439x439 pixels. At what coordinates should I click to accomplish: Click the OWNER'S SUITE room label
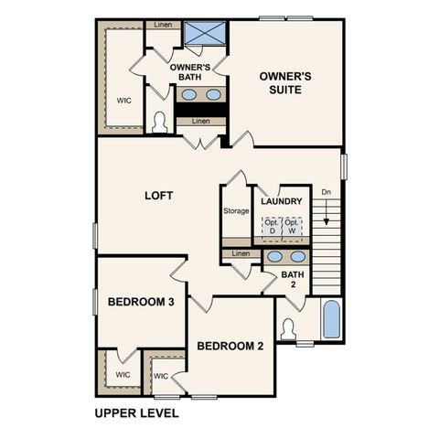tap(284, 83)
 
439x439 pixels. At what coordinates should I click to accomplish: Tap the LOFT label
tap(159, 196)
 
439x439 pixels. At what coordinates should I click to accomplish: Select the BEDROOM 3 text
tap(141, 302)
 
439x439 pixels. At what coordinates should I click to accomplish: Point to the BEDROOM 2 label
tap(230, 346)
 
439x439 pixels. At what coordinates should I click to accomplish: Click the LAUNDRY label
tap(282, 201)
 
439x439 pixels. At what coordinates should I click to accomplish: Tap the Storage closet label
tap(236, 211)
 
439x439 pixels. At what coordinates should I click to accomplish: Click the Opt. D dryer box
tap(271, 227)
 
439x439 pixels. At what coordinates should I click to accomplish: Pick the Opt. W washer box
tap(292, 227)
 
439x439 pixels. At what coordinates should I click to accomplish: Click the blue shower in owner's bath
tap(205, 33)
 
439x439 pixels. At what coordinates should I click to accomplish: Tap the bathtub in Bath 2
tap(332, 320)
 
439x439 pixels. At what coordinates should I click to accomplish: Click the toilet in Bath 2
tap(288, 328)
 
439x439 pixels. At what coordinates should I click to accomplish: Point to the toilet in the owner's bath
tap(159, 122)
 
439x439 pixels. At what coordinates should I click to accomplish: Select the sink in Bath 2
tap(273, 257)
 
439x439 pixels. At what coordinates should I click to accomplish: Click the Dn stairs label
tap(326, 192)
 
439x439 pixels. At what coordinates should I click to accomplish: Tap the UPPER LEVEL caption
tap(136, 412)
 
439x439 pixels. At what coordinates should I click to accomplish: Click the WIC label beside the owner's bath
tap(123, 101)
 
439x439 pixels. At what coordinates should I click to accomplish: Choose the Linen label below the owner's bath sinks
tap(200, 121)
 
